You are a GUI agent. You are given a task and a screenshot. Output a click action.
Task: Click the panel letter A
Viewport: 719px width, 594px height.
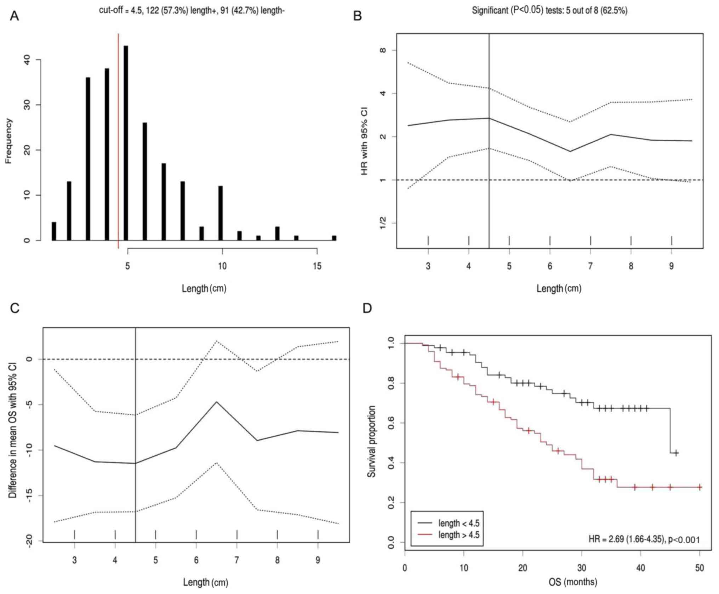tap(14, 16)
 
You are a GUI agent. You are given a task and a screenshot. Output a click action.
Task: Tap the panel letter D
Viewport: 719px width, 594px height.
tap(367, 308)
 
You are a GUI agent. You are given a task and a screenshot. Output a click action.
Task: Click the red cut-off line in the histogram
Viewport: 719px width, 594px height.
tap(118, 142)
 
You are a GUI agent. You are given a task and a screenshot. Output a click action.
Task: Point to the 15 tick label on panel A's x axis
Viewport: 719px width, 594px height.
tap(317, 266)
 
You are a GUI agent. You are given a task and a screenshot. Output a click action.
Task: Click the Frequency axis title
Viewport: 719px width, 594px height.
tap(8, 141)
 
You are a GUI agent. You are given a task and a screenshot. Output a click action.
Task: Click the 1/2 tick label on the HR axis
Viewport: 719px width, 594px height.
tap(382, 223)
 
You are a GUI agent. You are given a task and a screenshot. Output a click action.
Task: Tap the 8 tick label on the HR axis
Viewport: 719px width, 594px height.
tap(382, 50)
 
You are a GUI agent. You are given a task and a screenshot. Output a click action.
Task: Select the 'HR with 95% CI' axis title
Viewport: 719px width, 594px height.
tap(364, 141)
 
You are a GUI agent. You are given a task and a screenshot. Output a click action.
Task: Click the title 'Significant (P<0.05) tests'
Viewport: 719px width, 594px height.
tap(549, 11)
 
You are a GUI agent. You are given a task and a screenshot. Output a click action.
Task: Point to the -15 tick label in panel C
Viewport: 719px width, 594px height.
tap(29, 496)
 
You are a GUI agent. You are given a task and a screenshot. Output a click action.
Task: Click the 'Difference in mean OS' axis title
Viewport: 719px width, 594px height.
tap(13, 431)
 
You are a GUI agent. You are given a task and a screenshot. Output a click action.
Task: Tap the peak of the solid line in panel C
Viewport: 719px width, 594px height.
tap(217, 402)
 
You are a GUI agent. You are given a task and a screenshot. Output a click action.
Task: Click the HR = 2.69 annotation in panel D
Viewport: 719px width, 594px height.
tap(644, 540)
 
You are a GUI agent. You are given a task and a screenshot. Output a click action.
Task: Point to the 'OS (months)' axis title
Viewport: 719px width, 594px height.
tap(572, 582)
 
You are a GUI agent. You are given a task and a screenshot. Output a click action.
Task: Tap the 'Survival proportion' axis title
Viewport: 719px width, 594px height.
tap(371, 441)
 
